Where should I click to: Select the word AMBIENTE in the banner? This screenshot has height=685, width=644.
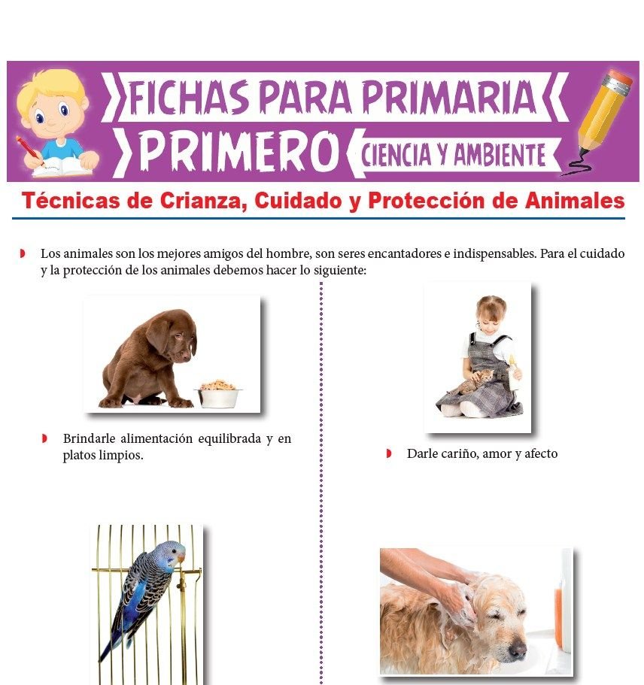tap(498, 155)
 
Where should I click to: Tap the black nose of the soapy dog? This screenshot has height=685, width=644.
tap(517, 651)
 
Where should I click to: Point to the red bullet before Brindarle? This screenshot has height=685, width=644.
tap(44, 438)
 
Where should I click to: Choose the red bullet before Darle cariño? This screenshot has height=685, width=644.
tap(389, 453)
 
